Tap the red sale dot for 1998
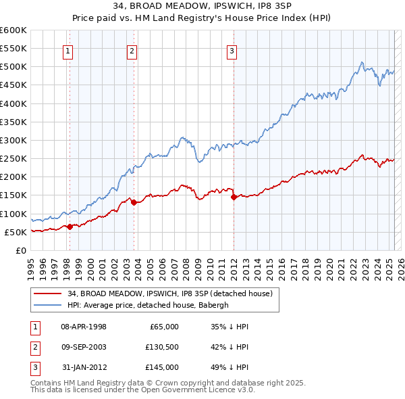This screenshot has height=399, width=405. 70,227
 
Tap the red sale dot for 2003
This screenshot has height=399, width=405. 134,202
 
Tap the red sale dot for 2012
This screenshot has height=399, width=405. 234,197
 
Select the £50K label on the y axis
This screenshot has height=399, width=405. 16,232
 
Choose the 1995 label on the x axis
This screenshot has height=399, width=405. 31,266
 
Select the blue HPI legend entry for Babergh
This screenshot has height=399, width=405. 148,304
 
